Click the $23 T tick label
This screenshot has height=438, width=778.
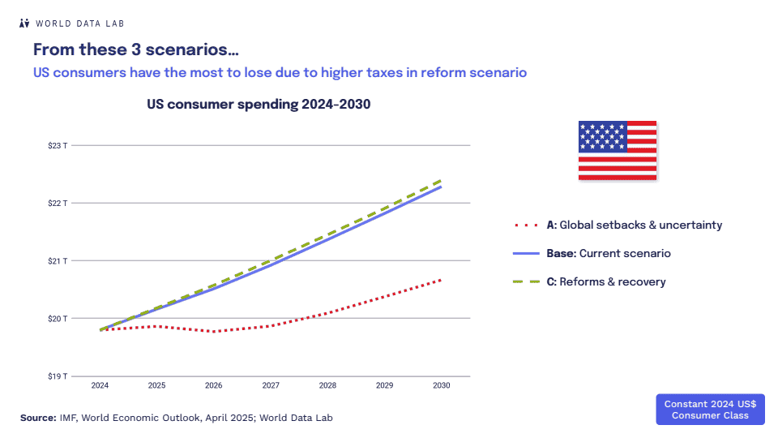(57, 146)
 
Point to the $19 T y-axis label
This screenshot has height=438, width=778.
(57, 376)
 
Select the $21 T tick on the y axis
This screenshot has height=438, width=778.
(57, 261)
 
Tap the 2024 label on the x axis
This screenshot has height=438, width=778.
(100, 385)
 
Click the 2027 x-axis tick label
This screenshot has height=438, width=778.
(271, 385)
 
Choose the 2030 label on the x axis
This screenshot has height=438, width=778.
(442, 385)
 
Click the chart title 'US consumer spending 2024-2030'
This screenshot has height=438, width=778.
(259, 105)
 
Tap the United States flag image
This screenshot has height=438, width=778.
(617, 151)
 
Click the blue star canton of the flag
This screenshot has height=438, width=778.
(602, 136)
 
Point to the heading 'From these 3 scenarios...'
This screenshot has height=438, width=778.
(135, 49)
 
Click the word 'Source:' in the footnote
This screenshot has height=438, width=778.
(38, 418)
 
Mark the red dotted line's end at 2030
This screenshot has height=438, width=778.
(441, 280)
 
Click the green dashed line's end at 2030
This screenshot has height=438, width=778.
(441, 180)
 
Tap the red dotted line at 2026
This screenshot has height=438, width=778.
(213, 332)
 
